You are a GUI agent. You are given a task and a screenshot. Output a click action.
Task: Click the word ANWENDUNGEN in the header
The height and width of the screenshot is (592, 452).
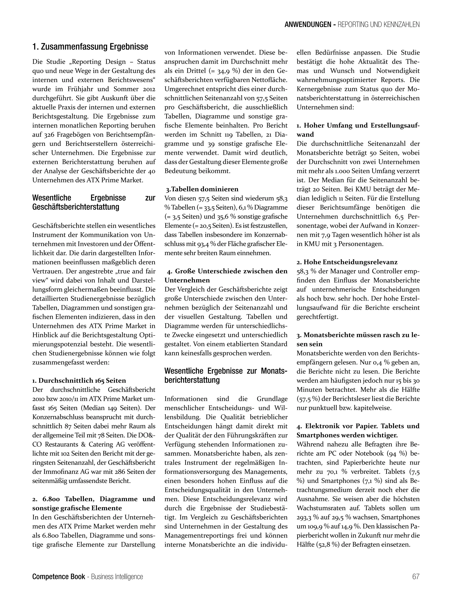[x=307, y=25]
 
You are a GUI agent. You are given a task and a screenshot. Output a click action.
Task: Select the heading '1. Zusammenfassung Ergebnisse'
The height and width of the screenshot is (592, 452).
[x=90, y=47]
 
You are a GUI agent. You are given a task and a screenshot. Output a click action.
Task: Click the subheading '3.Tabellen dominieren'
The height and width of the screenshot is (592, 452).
[x=202, y=189]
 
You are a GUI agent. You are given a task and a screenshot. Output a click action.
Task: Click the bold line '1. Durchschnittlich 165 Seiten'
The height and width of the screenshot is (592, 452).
[x=79, y=381]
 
